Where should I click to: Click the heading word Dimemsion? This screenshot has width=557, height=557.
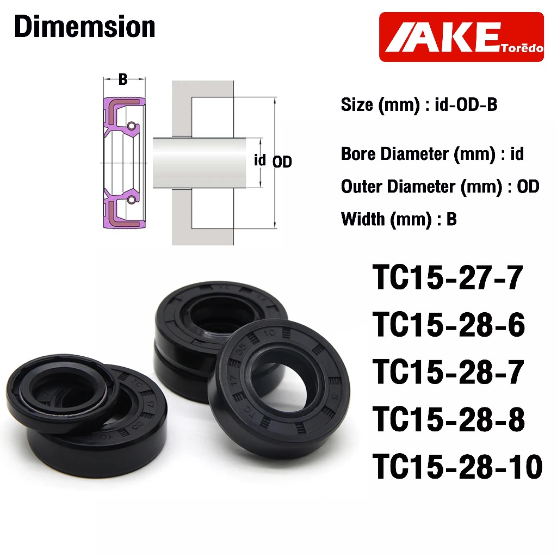pyautogui.click(x=84, y=27)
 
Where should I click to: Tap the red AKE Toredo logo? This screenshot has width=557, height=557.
pyautogui.click(x=461, y=37)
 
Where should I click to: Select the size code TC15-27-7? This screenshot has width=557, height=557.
pyautogui.click(x=448, y=277)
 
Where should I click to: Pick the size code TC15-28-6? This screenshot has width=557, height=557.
pyautogui.click(x=449, y=325)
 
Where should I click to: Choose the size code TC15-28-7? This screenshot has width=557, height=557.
pyautogui.click(x=448, y=372)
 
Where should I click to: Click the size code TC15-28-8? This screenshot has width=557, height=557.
pyautogui.click(x=449, y=419)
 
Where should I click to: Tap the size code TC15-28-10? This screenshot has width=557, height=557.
pyautogui.click(x=457, y=466)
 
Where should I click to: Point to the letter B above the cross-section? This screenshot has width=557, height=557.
pyautogui.click(x=123, y=79)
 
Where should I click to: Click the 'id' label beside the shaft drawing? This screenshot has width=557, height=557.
pyautogui.click(x=260, y=160)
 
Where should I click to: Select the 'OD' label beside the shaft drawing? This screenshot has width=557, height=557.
pyautogui.click(x=282, y=162)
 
